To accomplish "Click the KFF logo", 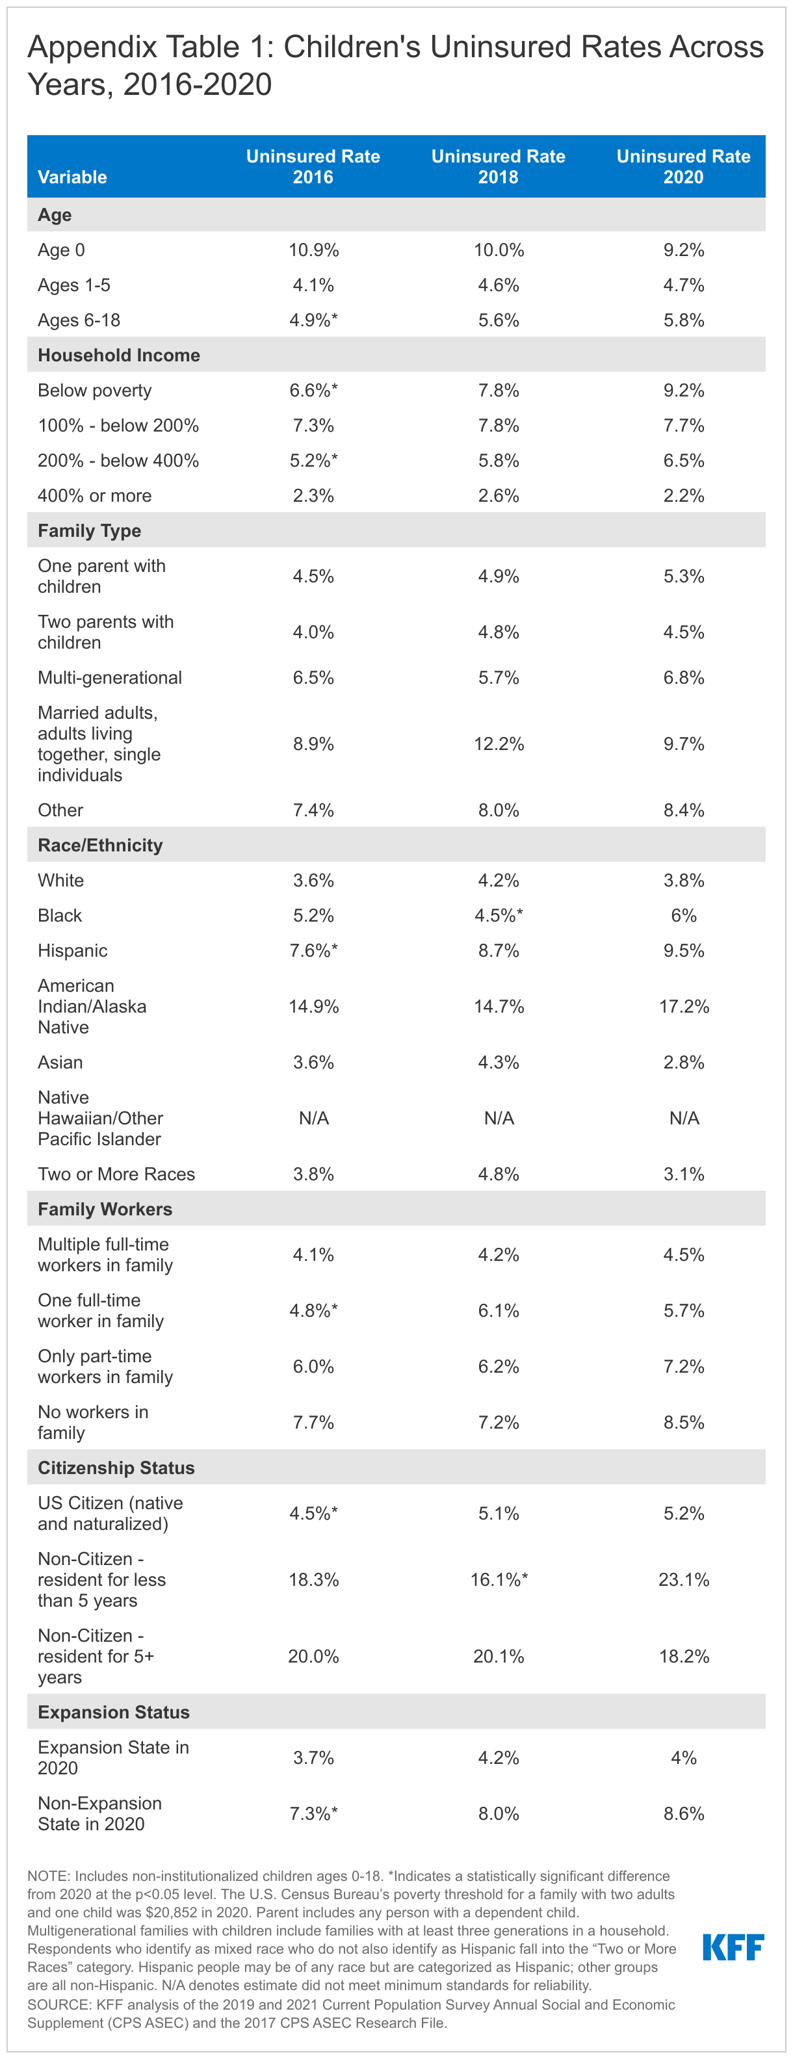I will coord(733,1947).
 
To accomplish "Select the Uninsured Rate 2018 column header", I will coord(498,166).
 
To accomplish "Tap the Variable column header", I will coord(72,177).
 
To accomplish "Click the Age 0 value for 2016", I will coord(313,250).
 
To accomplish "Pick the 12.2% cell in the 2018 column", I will coord(498,744).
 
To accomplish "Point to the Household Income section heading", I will coord(118,355).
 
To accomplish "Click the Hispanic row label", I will coord(72,950).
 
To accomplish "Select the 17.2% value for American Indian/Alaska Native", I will coord(684,1006).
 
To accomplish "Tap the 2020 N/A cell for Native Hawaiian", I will coord(684,1119).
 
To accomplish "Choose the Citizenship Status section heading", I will coord(116,1468).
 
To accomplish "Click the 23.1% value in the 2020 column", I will coord(684,1579).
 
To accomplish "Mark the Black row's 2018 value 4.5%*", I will coord(498,915).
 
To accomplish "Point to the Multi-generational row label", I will coord(109,678).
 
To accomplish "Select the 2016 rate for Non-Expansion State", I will coord(313,1813).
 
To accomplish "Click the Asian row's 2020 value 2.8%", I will coord(684,1062).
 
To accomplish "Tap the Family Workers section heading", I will coord(105,1210).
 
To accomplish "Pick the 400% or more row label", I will coord(94,495).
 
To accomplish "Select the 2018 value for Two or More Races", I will coord(498,1174).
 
